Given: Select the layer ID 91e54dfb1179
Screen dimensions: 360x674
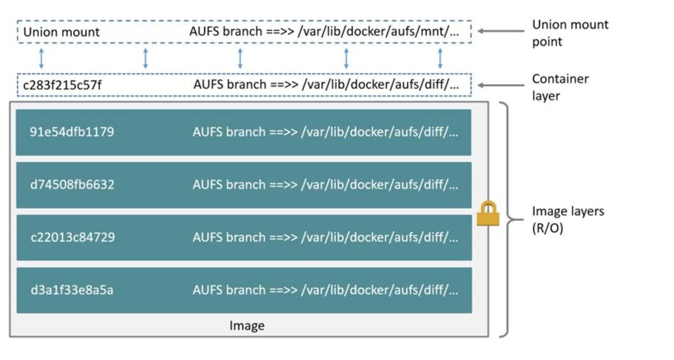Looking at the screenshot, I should pyautogui.click(x=72, y=132).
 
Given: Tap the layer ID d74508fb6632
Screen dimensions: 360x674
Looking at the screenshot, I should pyautogui.click(x=72, y=185).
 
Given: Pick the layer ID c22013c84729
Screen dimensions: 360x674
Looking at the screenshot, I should pyautogui.click(x=72, y=237).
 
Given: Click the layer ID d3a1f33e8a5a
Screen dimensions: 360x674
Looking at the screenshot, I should pyautogui.click(x=72, y=290).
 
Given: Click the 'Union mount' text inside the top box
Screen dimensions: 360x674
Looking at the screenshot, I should pyautogui.click(x=61, y=32).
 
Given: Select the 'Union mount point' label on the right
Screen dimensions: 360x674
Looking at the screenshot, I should pyautogui.click(x=570, y=33).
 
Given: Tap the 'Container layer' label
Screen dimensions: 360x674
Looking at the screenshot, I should pyautogui.click(x=560, y=87).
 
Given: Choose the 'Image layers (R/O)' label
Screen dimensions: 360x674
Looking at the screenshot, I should pyautogui.click(x=568, y=220).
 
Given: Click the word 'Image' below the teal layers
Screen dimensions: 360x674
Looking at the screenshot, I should pyautogui.click(x=247, y=325).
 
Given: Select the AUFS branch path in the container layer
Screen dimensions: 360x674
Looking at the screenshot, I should pyautogui.click(x=325, y=84).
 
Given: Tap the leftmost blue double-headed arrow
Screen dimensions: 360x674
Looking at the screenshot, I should pyautogui.click(x=41, y=58).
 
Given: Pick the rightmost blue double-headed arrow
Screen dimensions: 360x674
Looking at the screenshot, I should pyautogui.click(x=440, y=58).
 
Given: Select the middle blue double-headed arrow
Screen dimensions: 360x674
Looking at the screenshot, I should pyautogui.click(x=240, y=58).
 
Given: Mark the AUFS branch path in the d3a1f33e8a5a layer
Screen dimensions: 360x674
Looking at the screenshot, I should pyautogui.click(x=325, y=290).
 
